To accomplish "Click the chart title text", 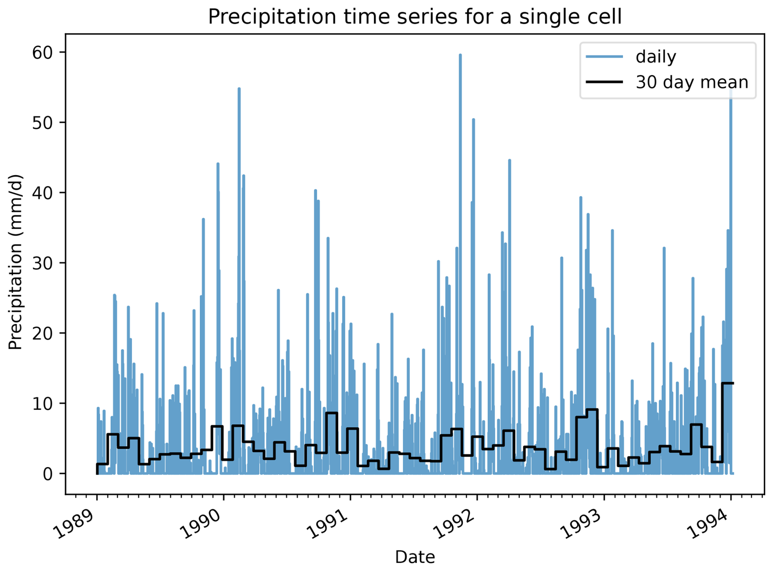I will click(414, 17).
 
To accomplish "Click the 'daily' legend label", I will click(655, 57).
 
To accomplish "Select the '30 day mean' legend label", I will click(691, 82).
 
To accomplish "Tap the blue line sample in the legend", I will click(604, 56).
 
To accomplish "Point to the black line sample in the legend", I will click(604, 82).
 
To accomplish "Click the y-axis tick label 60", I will click(42, 52).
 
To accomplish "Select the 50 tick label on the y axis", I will click(42, 123).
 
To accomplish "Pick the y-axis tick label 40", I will click(42, 193).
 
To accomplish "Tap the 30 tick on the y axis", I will click(42, 263).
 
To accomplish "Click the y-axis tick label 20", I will click(42, 333).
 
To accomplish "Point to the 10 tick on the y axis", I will click(42, 404).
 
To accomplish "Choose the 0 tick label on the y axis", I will click(48, 474).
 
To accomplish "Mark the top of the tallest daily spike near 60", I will click(460, 55).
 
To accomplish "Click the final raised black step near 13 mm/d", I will click(728, 383).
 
